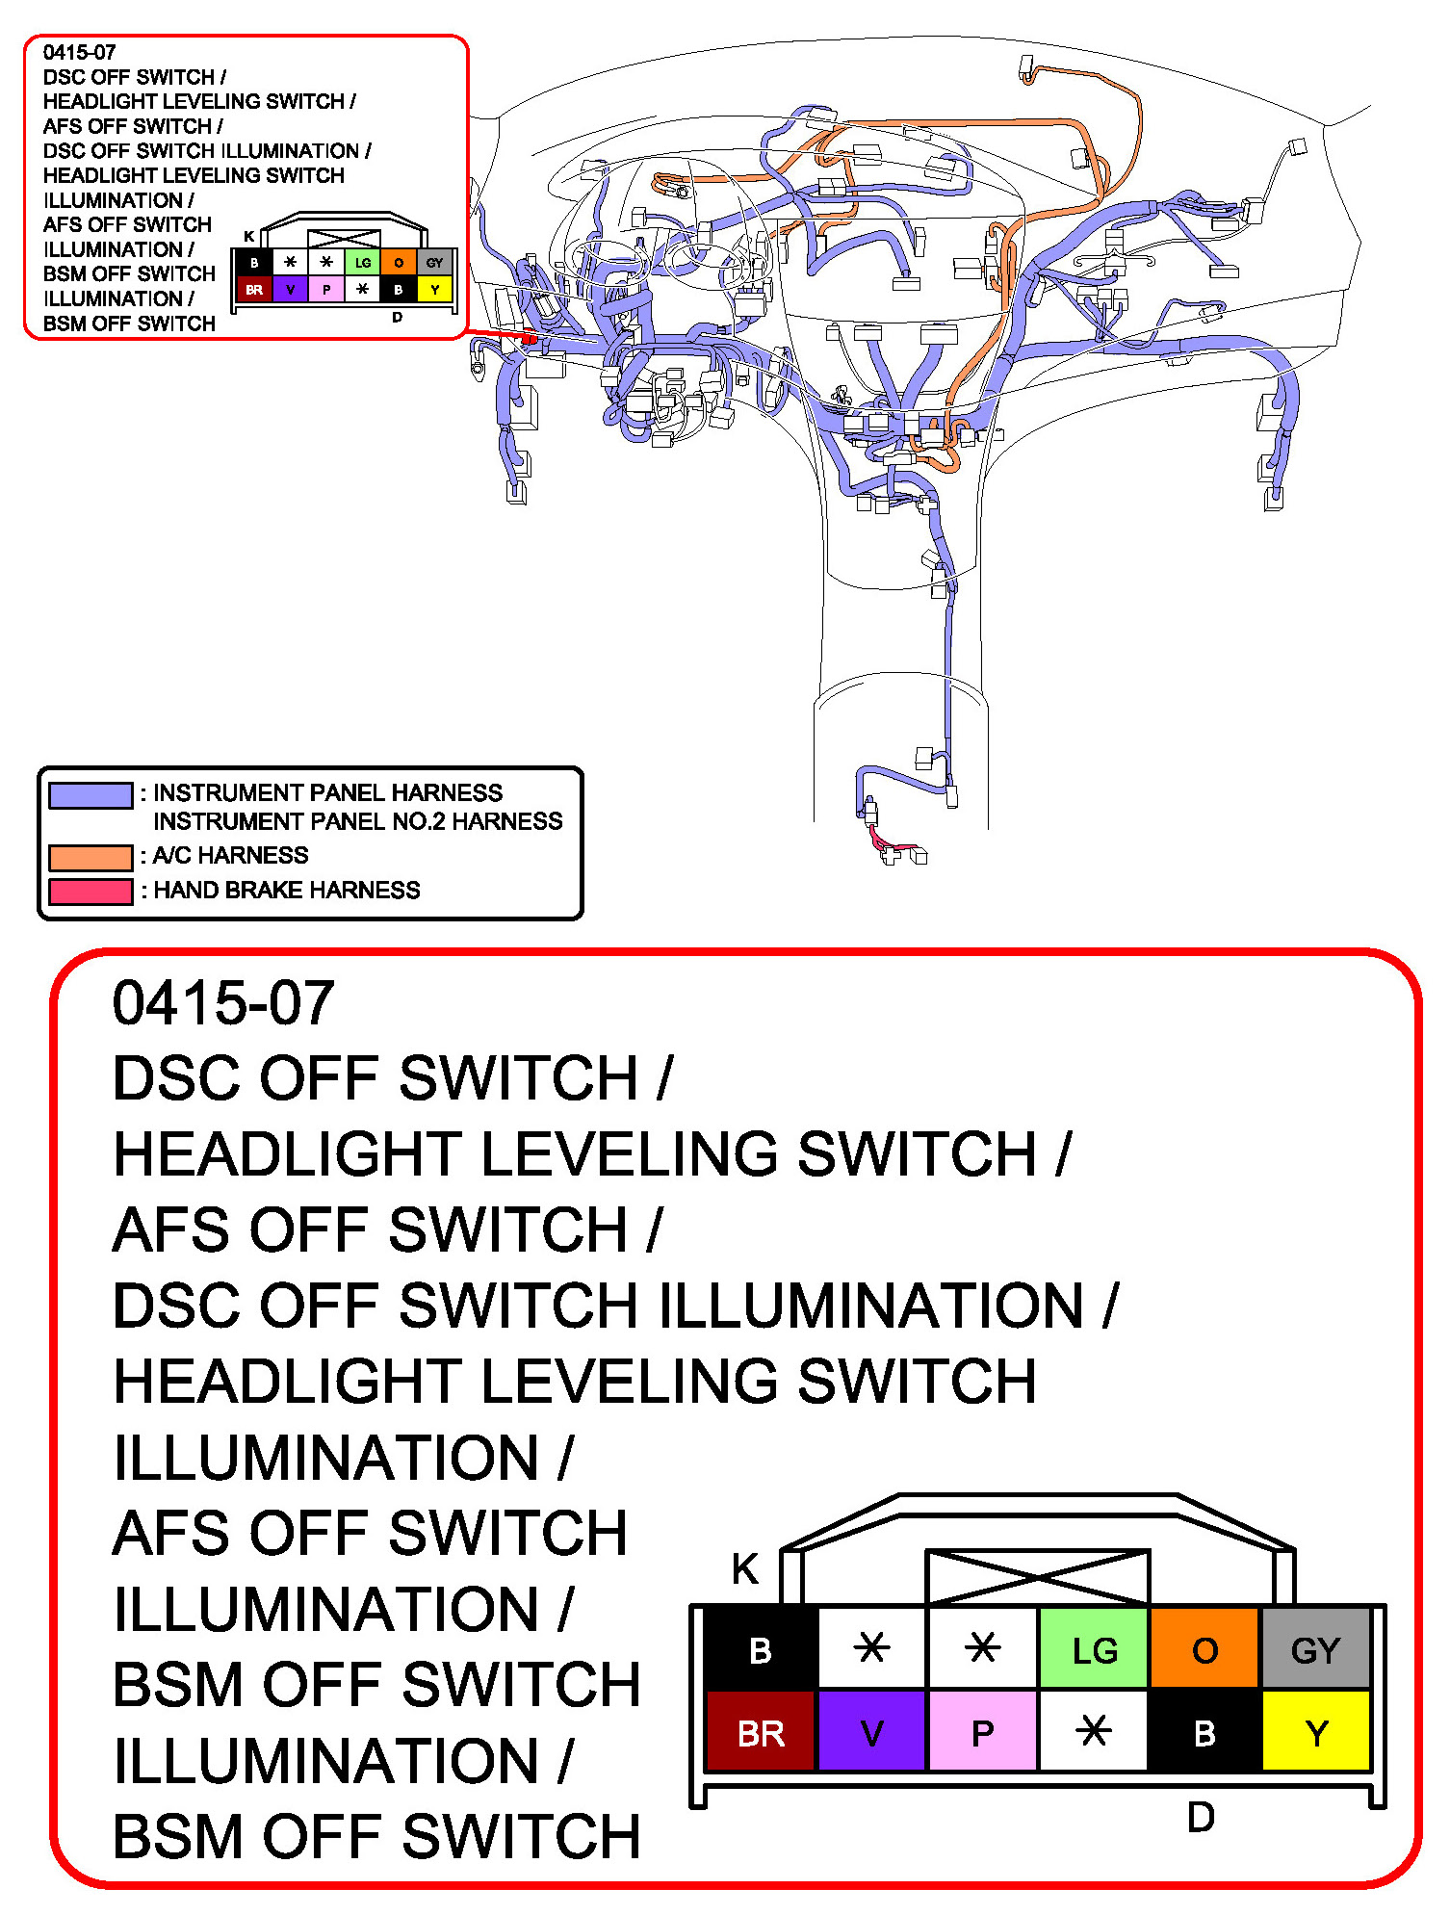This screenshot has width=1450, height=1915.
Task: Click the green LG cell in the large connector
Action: pos(1095,1648)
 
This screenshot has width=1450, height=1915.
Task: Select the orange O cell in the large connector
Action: pos(1204,1648)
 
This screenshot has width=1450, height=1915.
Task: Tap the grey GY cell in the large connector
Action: pos(1315,1648)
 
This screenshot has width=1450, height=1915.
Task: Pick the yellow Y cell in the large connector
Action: pos(1315,1731)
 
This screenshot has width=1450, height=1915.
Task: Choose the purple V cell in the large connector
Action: pos(871,1731)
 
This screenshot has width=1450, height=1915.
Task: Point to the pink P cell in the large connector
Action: pos(982,1731)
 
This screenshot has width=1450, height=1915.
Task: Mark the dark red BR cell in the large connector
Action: pos(761,1731)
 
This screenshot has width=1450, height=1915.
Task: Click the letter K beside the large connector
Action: pos(745,1568)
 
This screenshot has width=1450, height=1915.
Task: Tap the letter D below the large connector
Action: pos(1201,1817)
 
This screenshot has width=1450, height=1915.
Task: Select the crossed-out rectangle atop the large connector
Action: pos(1038,1577)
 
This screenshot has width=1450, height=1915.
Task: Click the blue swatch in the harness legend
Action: pos(91,795)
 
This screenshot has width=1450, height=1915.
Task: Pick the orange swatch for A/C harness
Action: pos(91,857)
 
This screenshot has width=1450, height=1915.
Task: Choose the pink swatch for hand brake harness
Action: pos(91,892)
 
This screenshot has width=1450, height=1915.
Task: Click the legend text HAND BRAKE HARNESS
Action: pos(287,891)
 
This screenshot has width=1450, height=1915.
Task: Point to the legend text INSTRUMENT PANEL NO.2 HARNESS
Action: pos(358,821)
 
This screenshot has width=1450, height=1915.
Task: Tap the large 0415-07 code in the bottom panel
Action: pos(223,1002)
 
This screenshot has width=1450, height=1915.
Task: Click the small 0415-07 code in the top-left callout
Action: pos(79,52)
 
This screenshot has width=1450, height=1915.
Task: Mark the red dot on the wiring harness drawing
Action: pos(529,339)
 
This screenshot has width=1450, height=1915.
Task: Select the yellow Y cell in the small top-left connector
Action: pos(435,289)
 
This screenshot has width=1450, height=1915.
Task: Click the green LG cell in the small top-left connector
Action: pos(363,262)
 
